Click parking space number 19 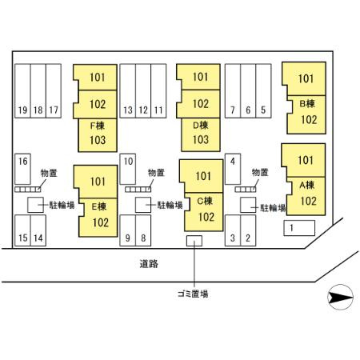(x=22, y=90)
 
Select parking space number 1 (x=299, y=228)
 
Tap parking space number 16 (x=22, y=169)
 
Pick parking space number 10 (x=128, y=169)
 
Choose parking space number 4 (x=233, y=169)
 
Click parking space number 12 (x=143, y=90)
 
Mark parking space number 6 (x=248, y=90)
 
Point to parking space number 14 (x=38, y=230)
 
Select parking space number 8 (x=143, y=230)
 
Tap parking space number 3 (x=233, y=230)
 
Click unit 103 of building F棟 (x=98, y=135)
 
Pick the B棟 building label (x=307, y=103)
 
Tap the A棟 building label (x=307, y=185)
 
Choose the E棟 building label (x=99, y=206)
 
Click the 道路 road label (x=149, y=264)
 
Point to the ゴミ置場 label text (x=193, y=294)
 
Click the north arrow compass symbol (x=340, y=297)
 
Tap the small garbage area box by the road (x=194, y=241)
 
